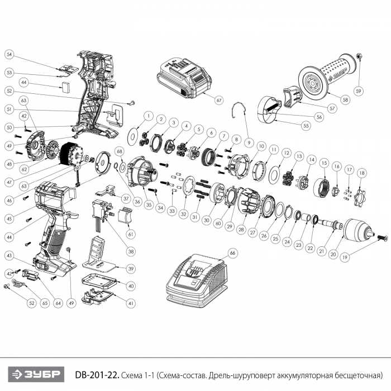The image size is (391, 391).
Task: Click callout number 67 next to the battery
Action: click(x=219, y=101)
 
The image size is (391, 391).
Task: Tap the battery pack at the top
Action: click(x=184, y=78)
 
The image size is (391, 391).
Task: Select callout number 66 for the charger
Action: click(x=233, y=253)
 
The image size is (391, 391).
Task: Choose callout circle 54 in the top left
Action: click(x=9, y=55)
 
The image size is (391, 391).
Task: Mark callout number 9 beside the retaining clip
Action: click(x=249, y=142)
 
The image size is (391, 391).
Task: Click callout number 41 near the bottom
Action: click(x=131, y=303)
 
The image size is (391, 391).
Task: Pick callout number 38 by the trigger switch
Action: click(x=131, y=251)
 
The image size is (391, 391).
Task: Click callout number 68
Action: click(x=119, y=151)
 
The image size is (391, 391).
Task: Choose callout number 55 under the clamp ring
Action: click(x=306, y=126)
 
